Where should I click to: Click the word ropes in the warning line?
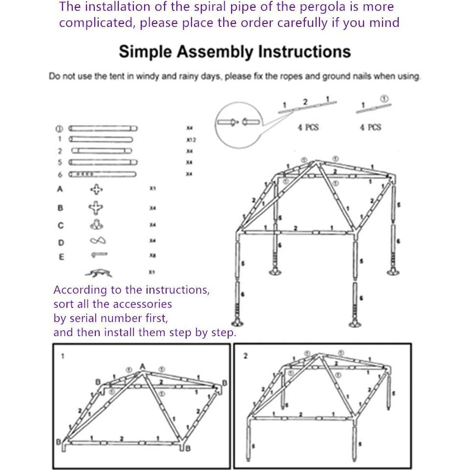pos(300,77)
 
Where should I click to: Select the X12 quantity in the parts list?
pos(191,140)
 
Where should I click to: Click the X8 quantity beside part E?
pos(153,255)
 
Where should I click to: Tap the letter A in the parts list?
pos(61,189)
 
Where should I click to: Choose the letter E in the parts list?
pos(61,256)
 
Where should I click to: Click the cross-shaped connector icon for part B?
pos(96,208)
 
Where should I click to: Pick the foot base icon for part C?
pos(97,225)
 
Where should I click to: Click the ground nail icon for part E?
pos(99,255)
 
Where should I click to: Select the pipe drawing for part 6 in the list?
pos(103,174)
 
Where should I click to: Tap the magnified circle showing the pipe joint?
pos(238,123)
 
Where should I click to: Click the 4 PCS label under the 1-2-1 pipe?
pos(308,127)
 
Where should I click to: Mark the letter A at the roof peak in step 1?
pos(143,366)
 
